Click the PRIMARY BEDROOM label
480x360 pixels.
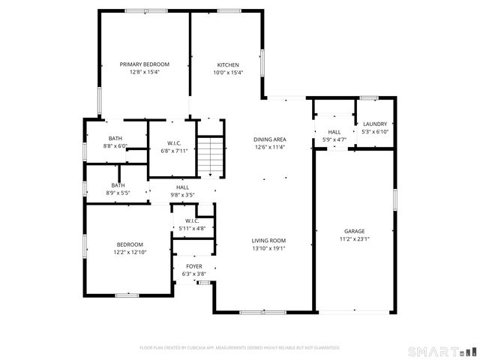145,64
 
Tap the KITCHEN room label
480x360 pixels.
228,64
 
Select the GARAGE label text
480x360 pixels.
354,231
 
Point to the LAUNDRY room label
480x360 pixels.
374,124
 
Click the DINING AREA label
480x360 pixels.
268,139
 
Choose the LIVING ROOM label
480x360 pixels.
268,241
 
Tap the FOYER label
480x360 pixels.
193,266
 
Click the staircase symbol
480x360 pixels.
211,156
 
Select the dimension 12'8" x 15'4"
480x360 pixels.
145,72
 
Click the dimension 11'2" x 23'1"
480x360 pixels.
354,239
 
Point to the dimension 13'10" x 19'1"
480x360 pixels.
268,248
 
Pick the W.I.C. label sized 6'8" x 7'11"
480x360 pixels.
172,142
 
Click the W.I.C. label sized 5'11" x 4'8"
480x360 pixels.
193,221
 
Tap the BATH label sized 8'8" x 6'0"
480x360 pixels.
115,138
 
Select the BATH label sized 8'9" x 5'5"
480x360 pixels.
118,185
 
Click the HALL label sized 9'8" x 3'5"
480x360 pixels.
182,187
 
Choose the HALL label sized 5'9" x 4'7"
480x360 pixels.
334,132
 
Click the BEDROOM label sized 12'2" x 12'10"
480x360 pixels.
124,244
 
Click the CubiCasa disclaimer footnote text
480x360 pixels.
240,347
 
